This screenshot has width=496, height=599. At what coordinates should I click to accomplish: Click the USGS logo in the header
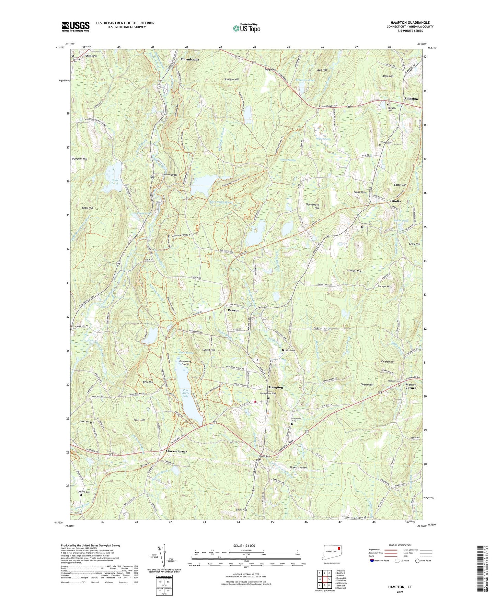(x=76, y=26)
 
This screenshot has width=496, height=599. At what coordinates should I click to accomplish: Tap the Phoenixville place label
(x=189, y=59)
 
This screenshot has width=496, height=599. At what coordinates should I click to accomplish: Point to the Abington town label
(x=411, y=99)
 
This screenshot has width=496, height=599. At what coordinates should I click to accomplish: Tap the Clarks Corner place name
(x=176, y=451)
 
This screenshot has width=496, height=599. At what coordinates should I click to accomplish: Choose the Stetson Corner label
(x=411, y=386)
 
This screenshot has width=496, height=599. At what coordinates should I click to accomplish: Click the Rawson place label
(x=233, y=310)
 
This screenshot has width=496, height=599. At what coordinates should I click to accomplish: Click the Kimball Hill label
(x=354, y=271)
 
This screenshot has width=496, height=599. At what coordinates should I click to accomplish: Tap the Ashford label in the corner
(x=91, y=56)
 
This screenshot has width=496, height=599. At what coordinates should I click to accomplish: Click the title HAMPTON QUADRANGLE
(x=410, y=23)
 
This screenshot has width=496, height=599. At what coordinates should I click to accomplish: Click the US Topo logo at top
(x=246, y=28)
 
